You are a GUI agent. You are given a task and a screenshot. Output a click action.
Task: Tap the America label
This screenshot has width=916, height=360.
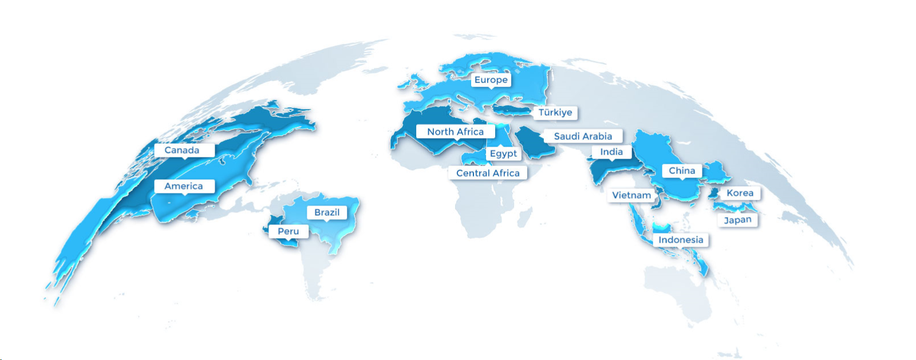point(184,186)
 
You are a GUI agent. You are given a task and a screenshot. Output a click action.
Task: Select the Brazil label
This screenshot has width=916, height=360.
point(327,212)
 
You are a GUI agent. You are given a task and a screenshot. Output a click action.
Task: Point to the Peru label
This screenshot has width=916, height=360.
point(289,231)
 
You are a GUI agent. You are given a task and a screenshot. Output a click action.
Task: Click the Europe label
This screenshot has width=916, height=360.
point(491,80)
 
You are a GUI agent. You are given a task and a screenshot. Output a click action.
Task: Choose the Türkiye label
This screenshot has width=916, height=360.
point(555,112)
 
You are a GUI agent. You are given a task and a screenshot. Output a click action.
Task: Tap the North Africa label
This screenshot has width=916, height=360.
point(456,132)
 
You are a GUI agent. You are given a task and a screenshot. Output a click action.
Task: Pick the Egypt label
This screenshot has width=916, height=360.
point(503,153)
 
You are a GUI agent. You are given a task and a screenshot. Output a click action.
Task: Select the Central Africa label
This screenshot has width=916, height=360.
point(488,173)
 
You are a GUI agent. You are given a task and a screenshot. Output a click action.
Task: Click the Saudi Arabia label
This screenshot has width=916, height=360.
point(583,136)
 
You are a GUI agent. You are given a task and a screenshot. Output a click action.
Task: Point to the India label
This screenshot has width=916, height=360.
point(611,152)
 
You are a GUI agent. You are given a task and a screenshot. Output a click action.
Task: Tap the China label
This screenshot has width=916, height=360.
point(682,171)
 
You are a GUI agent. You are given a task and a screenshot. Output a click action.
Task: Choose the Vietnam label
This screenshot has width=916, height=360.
point(631,195)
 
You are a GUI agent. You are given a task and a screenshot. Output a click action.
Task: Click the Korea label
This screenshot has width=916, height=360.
point(740,193)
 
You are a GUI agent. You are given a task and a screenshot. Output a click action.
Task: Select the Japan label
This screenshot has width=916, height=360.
point(737,220)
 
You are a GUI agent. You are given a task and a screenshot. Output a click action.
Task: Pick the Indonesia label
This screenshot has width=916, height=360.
point(681,240)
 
